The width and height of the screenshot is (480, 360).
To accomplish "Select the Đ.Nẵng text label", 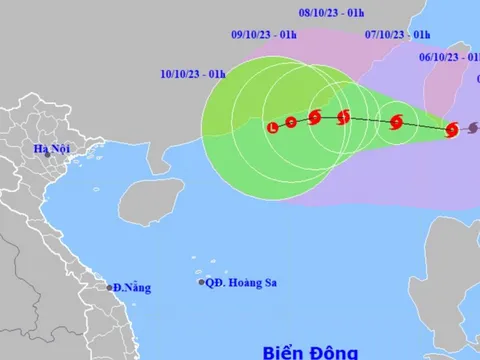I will click(x=132, y=288).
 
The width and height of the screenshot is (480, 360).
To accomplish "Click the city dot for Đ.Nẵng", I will click(x=110, y=287).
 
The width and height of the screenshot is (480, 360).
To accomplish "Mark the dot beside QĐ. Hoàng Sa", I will click(x=200, y=283).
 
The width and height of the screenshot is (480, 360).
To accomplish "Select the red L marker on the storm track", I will click(x=273, y=127).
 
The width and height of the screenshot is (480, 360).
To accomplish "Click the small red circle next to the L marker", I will click(x=291, y=122).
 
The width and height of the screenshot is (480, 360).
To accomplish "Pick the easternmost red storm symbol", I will click(x=450, y=129).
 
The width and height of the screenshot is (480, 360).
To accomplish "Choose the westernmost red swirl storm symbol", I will click(x=315, y=117).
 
